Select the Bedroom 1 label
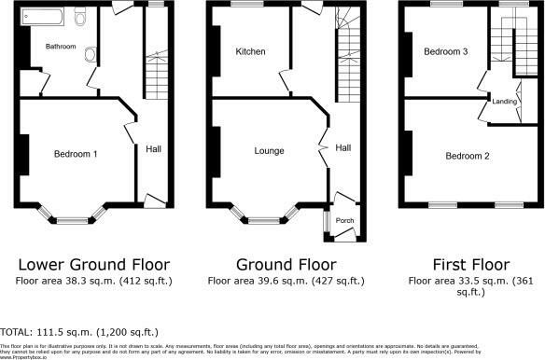(76, 154)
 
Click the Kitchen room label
(251, 51)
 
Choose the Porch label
(344, 221)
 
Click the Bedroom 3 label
(446, 52)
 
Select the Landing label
(505, 102)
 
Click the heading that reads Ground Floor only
(279, 263)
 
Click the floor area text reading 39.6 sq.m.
(279, 280)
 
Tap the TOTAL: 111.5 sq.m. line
(78, 332)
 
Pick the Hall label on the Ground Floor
(342, 148)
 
